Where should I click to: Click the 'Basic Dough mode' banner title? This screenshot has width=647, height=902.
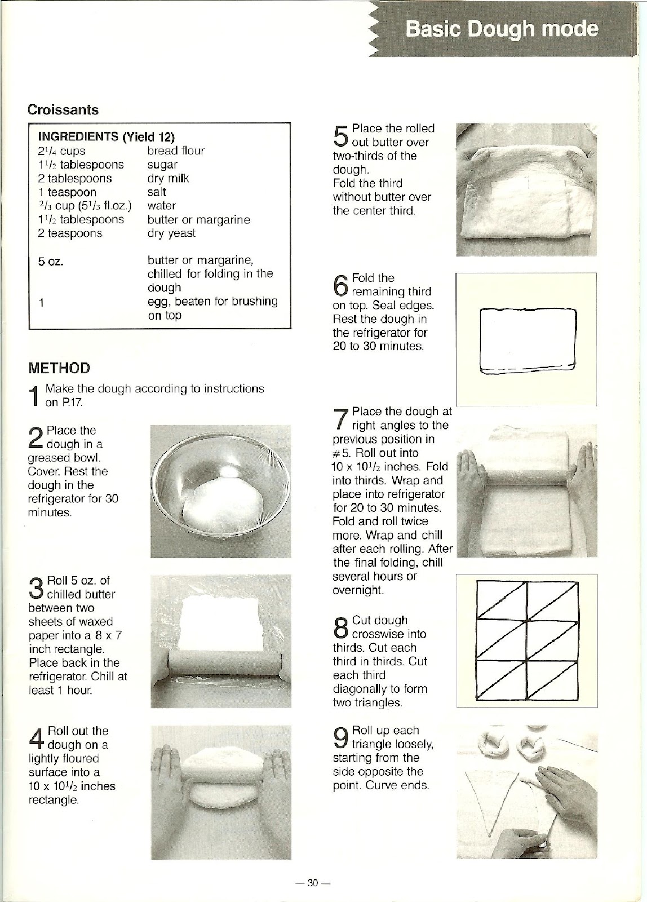[x=501, y=28]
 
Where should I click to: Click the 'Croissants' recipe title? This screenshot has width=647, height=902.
[x=63, y=109]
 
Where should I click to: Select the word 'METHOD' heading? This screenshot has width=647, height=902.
[x=59, y=368]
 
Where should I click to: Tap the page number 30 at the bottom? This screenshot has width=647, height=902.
[x=313, y=883]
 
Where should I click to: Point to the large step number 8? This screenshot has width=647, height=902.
[x=341, y=627]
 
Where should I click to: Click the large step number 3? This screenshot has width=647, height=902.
[x=36, y=587]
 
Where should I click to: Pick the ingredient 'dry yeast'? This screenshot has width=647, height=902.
[x=171, y=233]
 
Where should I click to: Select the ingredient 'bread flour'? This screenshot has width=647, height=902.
[x=176, y=151]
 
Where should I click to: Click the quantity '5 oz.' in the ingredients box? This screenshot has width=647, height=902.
[x=51, y=261]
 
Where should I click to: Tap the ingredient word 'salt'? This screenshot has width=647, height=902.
[x=157, y=192]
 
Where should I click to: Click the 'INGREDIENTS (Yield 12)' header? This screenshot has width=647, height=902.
[x=107, y=136]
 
